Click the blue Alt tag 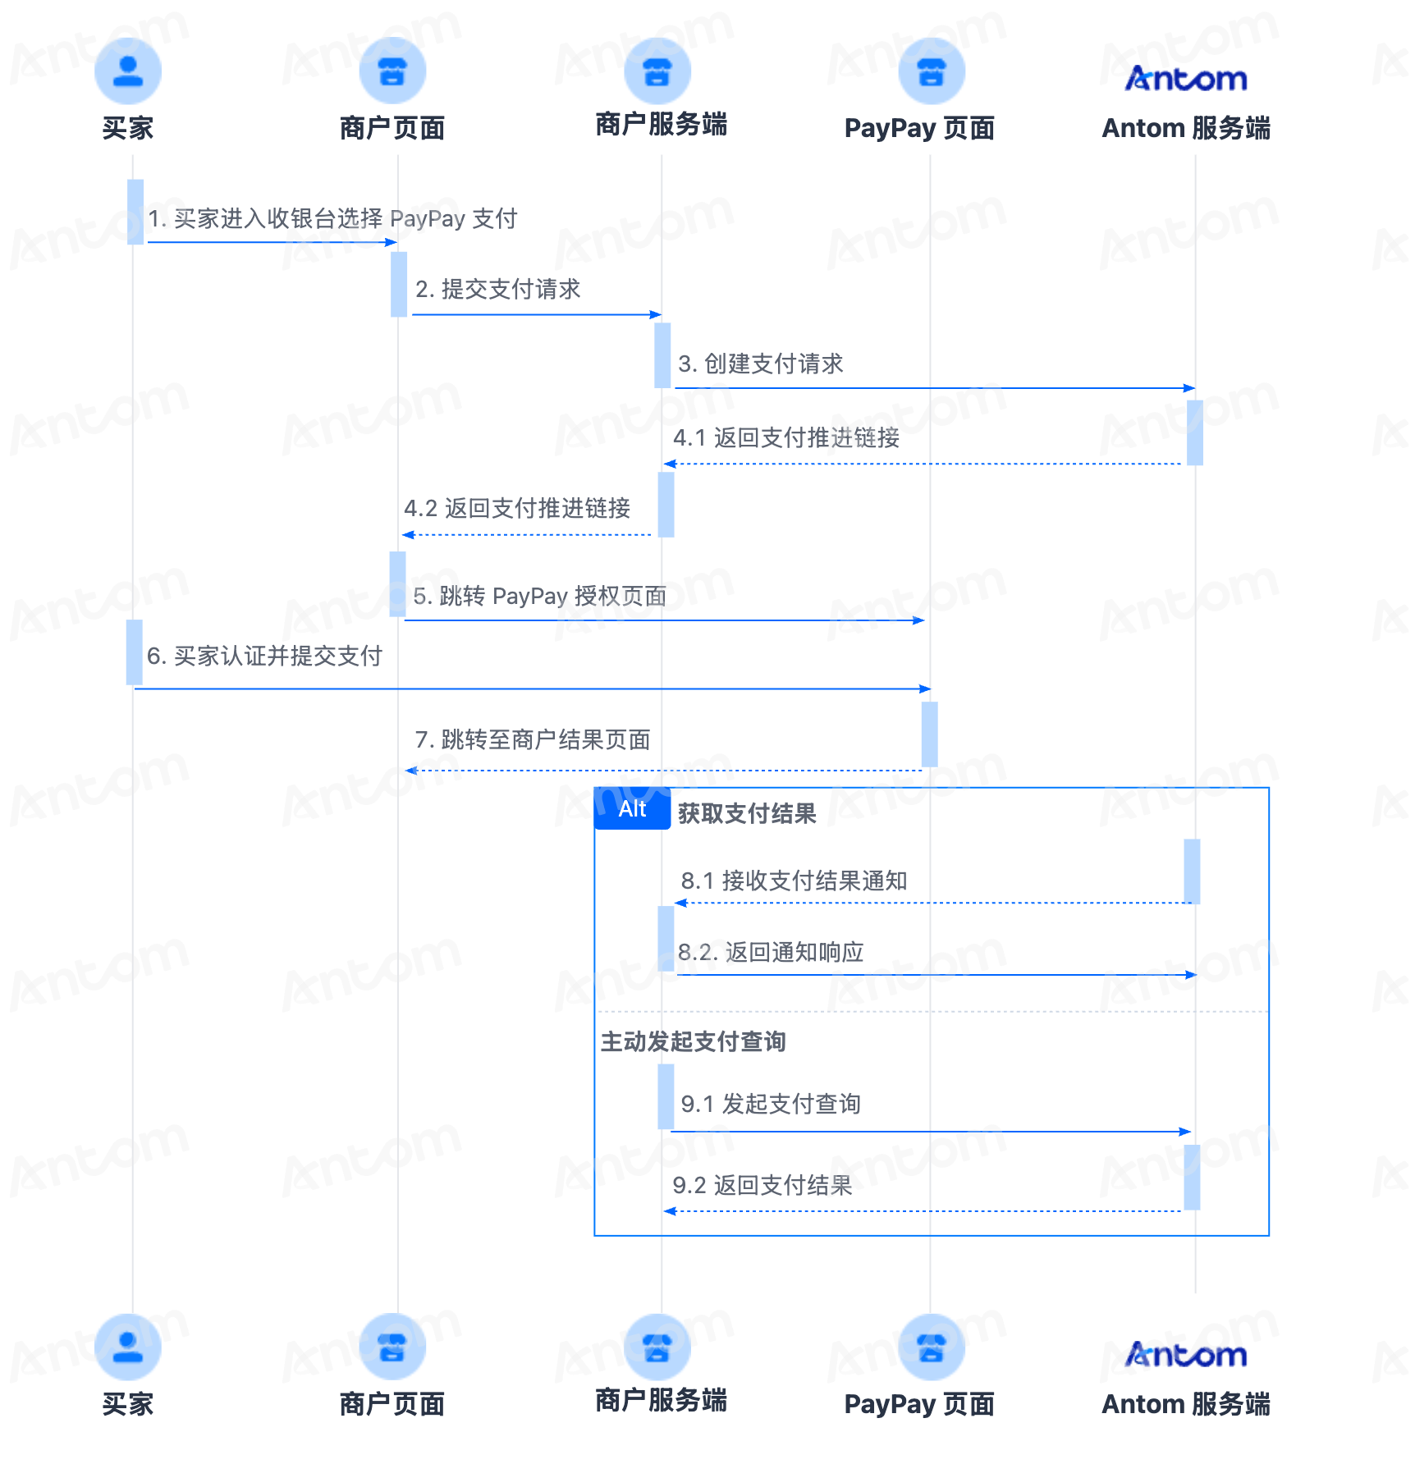(x=632, y=808)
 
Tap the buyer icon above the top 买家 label (x=128, y=71)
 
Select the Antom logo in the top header (x=1186, y=78)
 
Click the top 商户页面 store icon (x=392, y=71)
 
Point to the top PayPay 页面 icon (x=932, y=71)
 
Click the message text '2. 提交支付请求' (x=498, y=289)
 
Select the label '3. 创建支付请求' (x=761, y=364)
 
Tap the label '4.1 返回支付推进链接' (x=786, y=437)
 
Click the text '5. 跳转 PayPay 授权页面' (x=540, y=596)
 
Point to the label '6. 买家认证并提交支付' (x=264, y=656)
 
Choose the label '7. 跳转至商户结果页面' (x=533, y=739)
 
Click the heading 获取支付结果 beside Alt (x=747, y=813)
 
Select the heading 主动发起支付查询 (x=694, y=1041)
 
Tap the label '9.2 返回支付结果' (x=762, y=1185)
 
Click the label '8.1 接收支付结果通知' (x=794, y=881)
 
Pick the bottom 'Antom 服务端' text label (x=1186, y=1404)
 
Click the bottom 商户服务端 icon (x=657, y=1347)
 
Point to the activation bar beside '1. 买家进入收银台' (x=135, y=212)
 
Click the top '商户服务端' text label (x=662, y=124)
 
